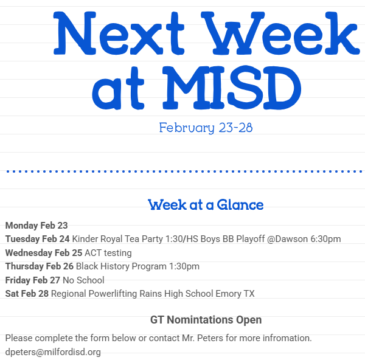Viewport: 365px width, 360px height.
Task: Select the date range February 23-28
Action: [x=206, y=128]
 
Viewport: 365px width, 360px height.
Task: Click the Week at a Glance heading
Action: [x=206, y=205]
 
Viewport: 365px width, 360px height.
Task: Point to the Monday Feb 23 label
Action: [x=36, y=225]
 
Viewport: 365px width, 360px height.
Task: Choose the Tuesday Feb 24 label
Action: [x=37, y=239]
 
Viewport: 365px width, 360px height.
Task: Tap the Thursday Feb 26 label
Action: [x=40, y=266]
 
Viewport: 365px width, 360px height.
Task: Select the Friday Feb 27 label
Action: [x=33, y=280]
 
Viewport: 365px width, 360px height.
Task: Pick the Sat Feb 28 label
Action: [x=27, y=294]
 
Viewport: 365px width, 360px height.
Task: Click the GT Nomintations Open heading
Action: [x=206, y=320]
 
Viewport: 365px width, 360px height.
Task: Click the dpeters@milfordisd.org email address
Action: [x=53, y=352]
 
